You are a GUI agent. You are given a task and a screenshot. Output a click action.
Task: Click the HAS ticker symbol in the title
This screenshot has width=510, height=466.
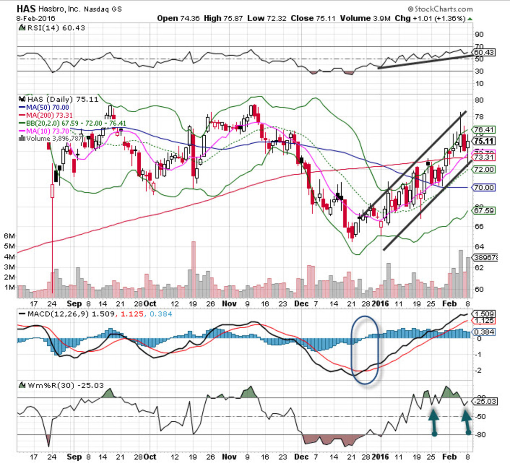[x=27, y=9]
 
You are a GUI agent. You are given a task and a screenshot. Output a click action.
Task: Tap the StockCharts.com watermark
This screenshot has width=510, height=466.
[x=440, y=9]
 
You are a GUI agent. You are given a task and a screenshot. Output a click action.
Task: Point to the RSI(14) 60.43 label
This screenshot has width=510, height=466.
[x=53, y=28]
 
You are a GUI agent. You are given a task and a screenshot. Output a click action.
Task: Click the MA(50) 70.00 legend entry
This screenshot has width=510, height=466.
[x=45, y=108]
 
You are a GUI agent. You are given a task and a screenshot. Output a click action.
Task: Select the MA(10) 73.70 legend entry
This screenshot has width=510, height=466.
[x=45, y=131]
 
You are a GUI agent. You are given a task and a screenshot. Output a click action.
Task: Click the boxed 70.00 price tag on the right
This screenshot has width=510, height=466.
[x=484, y=188]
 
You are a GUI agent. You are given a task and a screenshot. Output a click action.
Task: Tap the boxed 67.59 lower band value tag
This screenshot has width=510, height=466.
[x=484, y=210]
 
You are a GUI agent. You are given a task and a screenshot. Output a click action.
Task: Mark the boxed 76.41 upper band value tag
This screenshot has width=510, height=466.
[x=484, y=130]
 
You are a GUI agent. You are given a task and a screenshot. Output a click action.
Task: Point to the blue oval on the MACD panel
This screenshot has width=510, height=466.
[x=365, y=349]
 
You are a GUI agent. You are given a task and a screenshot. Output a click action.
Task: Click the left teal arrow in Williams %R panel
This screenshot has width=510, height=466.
[x=433, y=421]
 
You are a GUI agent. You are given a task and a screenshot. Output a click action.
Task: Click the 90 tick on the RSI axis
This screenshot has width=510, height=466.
[x=479, y=34]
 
